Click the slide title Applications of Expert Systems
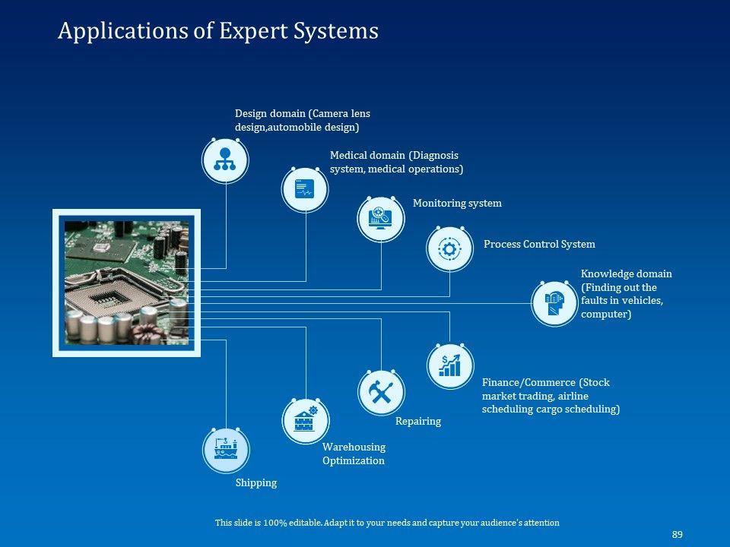(218, 31)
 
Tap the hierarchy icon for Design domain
(225, 160)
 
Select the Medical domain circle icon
(305, 188)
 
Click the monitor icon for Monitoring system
(380, 217)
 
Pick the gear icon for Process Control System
(449, 248)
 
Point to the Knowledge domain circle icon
(554, 303)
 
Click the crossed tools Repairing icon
(380, 392)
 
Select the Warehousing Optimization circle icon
(305, 420)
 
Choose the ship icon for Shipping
(225, 449)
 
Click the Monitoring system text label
(457, 204)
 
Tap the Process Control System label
(539, 245)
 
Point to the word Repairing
(417, 421)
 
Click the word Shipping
(256, 483)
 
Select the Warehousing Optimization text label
(354, 454)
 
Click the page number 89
(677, 535)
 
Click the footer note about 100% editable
(387, 523)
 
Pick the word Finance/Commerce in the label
(528, 383)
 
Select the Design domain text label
(302, 120)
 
